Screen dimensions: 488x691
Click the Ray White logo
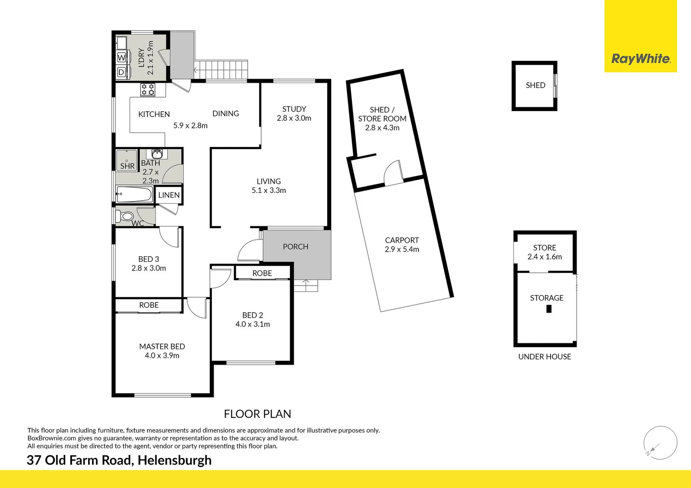pos(640,59)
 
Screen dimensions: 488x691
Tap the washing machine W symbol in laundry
pos(121,58)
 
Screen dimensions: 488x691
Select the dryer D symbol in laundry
pos(121,72)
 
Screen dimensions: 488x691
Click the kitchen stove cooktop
pos(147,89)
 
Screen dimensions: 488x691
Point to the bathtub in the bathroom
pos(134,195)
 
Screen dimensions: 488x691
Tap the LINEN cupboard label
pos(169,195)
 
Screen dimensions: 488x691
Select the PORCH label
pos(296,247)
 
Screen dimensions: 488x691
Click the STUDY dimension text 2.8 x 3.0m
pos(294,118)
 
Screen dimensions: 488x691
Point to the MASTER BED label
pos(162,347)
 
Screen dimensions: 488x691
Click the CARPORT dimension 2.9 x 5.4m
pos(402,249)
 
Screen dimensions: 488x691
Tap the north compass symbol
pos(660,443)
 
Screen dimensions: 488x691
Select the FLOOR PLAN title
pos(258,414)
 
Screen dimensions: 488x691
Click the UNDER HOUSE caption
pos(545,357)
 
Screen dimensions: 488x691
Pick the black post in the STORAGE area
pos(549,309)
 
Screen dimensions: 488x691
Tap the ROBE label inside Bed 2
pos(262,273)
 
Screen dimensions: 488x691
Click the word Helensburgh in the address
pos(174,460)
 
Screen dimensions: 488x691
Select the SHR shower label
pos(127,166)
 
